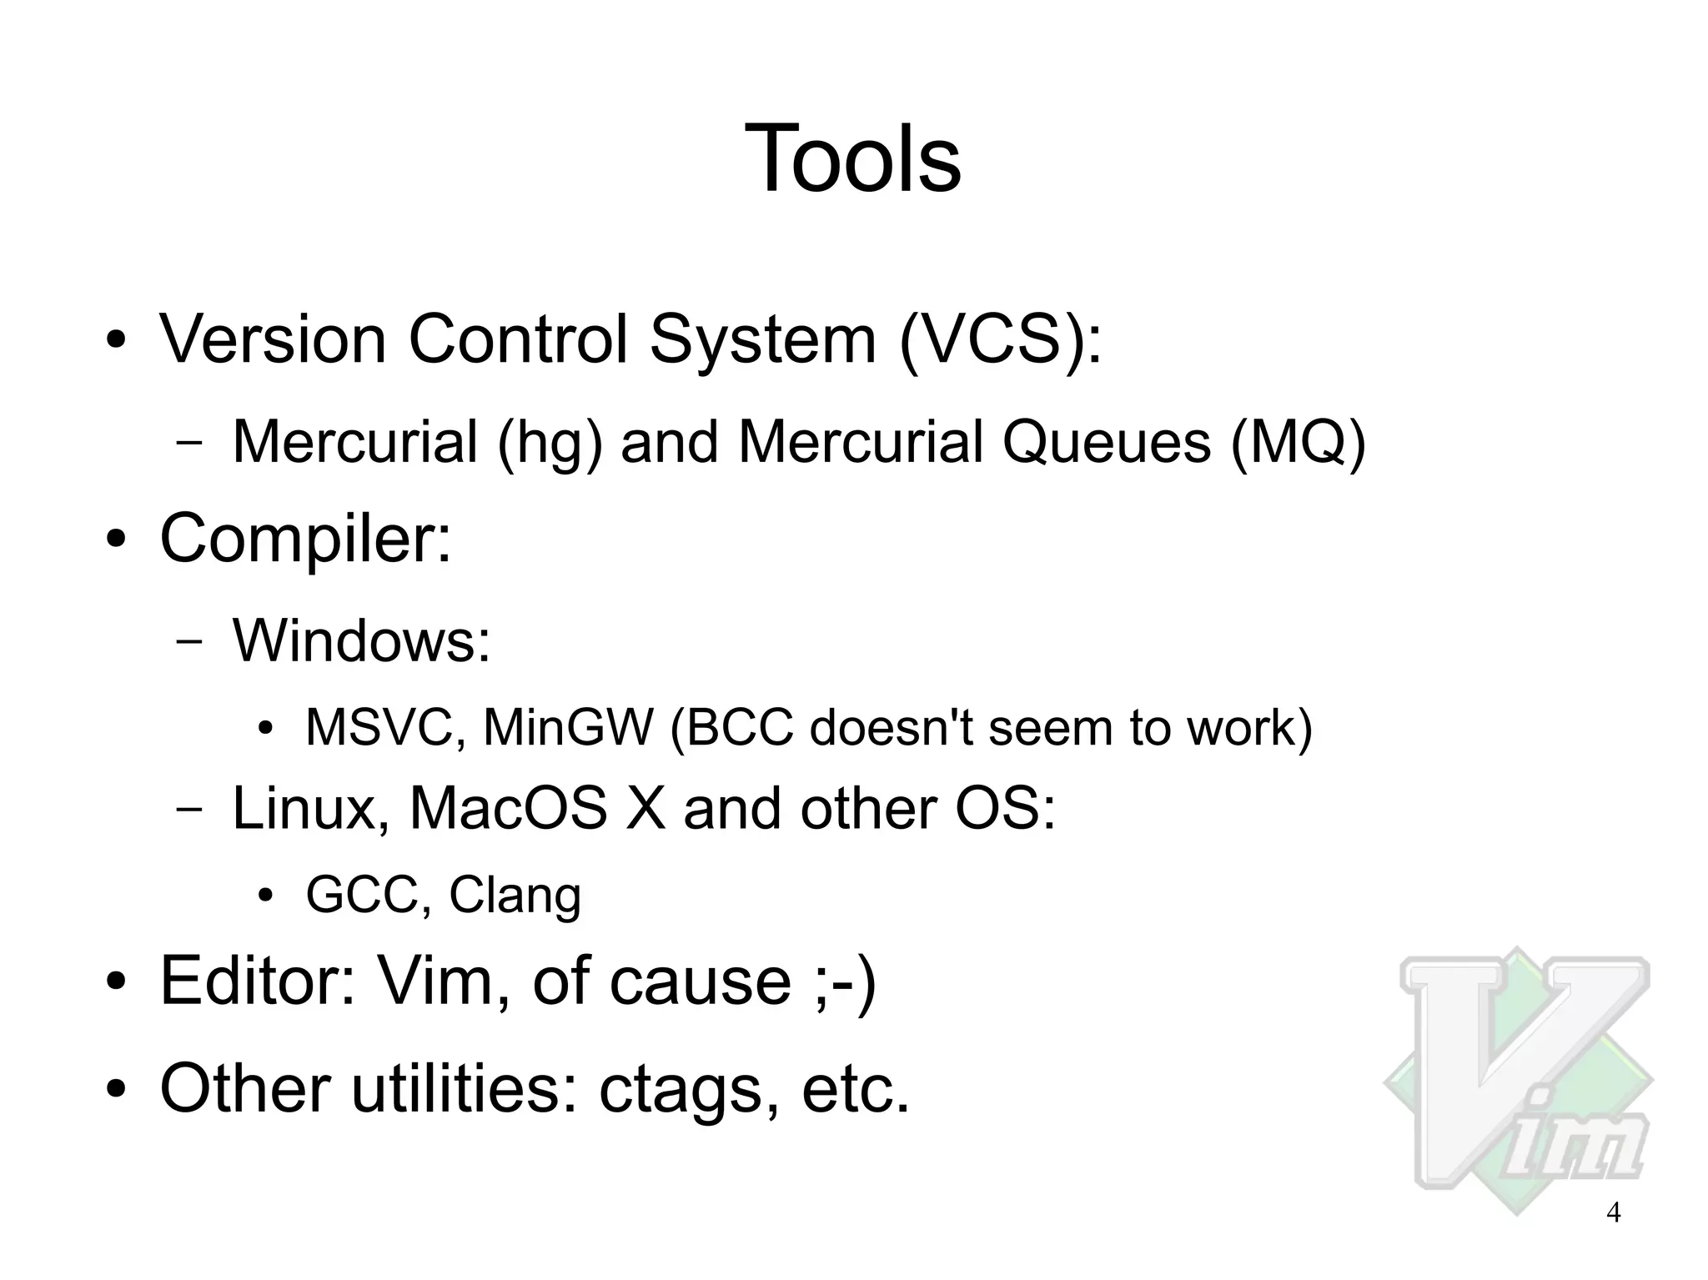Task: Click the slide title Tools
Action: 852,158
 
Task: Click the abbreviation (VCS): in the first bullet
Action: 1000,340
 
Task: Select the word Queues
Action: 1106,442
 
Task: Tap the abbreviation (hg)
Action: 550,442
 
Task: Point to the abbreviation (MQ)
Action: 1299,442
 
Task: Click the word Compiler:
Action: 305,539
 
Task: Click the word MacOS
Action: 508,809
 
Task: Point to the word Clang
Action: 515,896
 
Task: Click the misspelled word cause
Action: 700,981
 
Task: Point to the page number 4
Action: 1613,1212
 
